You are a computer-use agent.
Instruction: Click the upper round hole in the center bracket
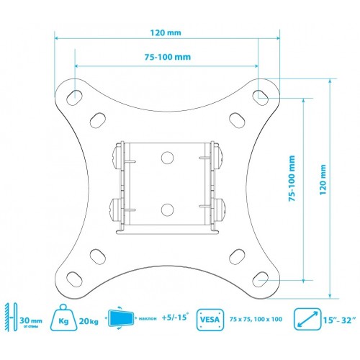pos(167,156)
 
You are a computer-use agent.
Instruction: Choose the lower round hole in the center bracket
pos(167,210)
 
